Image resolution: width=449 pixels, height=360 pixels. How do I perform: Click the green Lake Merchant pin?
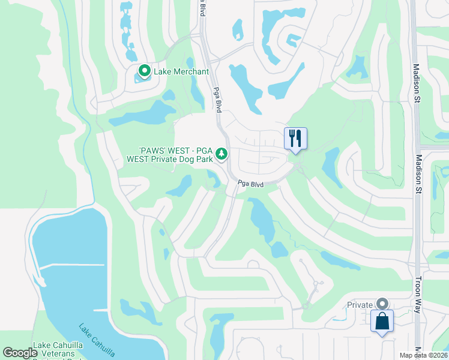pyautogui.click(x=144, y=71)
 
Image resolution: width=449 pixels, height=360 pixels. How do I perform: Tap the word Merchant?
pyautogui.click(x=190, y=71)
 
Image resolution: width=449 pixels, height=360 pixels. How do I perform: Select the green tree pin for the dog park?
pyautogui.click(x=221, y=155)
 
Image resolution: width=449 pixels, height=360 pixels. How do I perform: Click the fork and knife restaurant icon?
pyautogui.click(x=295, y=138)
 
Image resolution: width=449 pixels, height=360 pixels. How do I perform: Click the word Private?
pyautogui.click(x=360, y=305)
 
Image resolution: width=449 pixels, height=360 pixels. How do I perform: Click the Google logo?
pyautogui.click(x=20, y=353)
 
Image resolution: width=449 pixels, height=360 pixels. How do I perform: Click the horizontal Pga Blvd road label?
pyautogui.click(x=250, y=185)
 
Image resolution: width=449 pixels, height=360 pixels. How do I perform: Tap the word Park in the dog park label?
pyautogui.click(x=204, y=160)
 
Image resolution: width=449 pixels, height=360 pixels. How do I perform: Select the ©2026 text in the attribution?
pyautogui.click(x=438, y=355)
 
